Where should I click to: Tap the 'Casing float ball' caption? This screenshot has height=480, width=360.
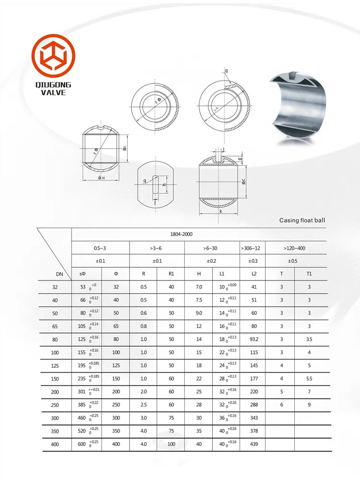[302, 221]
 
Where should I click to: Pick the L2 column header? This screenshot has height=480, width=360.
[254, 274]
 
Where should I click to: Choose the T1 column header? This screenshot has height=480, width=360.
[309, 274]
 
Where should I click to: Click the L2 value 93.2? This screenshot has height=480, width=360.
[254, 340]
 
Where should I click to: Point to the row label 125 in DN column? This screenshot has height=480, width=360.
[54, 365]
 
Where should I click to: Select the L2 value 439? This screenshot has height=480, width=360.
[254, 445]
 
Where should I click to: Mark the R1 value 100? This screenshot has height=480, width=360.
[171, 445]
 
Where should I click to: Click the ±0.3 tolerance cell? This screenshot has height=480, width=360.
[252, 261]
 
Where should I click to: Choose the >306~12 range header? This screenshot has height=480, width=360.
[252, 248]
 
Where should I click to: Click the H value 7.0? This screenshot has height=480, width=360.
[199, 287]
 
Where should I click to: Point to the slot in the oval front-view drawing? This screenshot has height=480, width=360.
[155, 186]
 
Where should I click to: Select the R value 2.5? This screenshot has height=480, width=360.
[144, 405]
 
